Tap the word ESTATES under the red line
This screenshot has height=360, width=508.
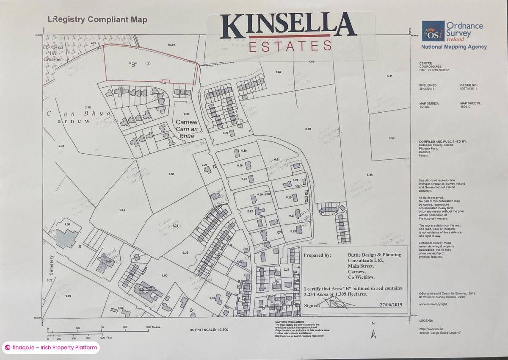tap(290, 46)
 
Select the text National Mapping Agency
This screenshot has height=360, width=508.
tap(453, 47)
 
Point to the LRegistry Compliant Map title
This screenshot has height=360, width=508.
tap(97, 19)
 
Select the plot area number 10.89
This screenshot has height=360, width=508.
tap(171, 45)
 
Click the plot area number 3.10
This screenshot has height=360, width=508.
tap(308, 129)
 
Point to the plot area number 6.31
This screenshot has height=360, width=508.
tap(390, 76)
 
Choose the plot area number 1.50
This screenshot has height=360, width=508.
tap(171, 174)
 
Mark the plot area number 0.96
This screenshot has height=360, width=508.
tap(391, 138)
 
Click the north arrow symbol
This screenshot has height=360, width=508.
tap(373, 335)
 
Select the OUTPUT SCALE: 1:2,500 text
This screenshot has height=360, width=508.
tap(209, 330)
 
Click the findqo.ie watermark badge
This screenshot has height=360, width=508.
tap(51, 348)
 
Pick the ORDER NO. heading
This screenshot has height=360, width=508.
tap(469, 85)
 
